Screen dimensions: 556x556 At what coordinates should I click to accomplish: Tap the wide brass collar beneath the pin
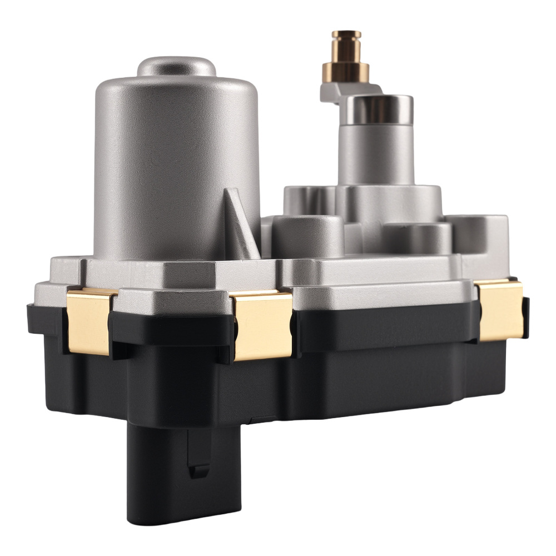click(x=346, y=72)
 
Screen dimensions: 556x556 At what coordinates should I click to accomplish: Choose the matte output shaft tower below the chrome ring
click(x=378, y=156)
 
